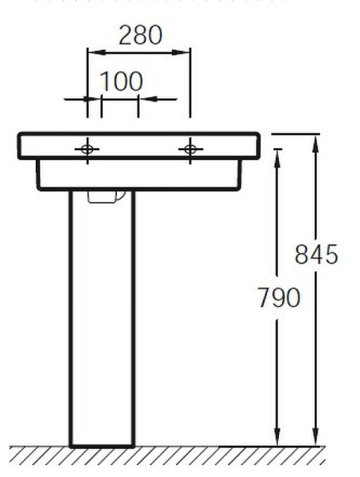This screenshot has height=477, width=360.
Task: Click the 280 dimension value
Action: (x=139, y=35)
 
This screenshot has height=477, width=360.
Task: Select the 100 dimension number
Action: (x=122, y=82)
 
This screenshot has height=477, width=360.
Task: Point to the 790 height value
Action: (x=278, y=297)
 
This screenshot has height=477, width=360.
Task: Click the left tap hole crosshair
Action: (x=87, y=148)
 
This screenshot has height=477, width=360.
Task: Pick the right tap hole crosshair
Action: (x=190, y=148)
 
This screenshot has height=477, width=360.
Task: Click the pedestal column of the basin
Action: (x=102, y=318)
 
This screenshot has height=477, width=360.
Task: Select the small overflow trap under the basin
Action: (x=106, y=196)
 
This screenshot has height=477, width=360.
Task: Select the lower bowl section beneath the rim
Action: (x=139, y=175)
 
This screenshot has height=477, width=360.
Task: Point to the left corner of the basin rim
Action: (x=21, y=135)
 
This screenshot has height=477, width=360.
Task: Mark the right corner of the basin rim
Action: (x=258, y=135)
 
